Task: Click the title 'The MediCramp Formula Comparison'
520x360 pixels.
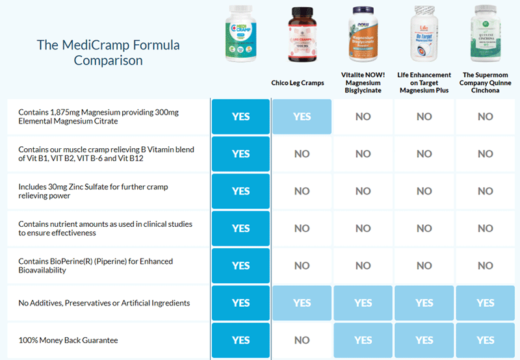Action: tap(108, 53)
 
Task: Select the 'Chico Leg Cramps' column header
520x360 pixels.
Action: tap(302, 83)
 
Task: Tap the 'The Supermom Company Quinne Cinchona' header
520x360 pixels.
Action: tap(485, 83)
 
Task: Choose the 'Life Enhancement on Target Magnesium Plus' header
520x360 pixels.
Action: tap(424, 83)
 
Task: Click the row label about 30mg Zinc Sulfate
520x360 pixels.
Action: tap(93, 191)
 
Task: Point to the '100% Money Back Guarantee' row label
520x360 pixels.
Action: tap(68, 340)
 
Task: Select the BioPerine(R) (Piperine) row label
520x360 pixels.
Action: tap(96, 265)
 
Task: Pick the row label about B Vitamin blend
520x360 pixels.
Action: tap(106, 154)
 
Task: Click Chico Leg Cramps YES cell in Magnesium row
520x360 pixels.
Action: tap(302, 117)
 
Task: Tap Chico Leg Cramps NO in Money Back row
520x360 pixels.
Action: tap(302, 340)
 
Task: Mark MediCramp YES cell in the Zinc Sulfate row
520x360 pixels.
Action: tap(240, 191)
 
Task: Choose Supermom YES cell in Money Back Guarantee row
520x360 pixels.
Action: tap(485, 340)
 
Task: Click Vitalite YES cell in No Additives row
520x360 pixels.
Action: tap(363, 303)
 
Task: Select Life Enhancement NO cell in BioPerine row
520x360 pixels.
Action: tap(424, 265)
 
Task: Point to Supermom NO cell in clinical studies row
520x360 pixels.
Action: tap(485, 228)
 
